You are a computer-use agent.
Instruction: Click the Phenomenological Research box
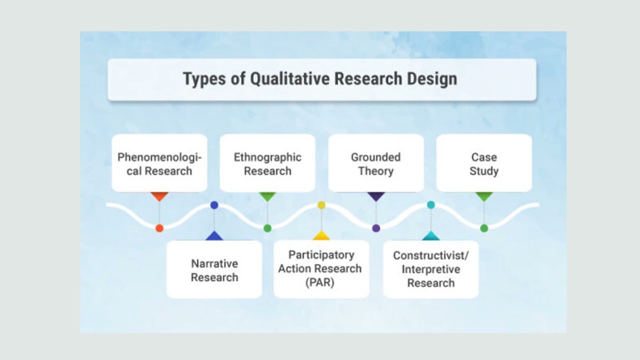point(159,163)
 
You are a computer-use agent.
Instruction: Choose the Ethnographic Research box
point(267,163)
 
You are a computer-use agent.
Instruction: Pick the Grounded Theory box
point(375,163)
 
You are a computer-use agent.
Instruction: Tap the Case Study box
point(484,163)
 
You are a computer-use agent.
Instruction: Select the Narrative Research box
point(214,270)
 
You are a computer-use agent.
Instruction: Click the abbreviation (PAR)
point(321,282)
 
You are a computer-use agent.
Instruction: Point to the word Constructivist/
point(430,255)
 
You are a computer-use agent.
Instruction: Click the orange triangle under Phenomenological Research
point(159,196)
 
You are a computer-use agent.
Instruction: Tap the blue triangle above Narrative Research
point(214,236)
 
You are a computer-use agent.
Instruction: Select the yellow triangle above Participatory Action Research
point(321,236)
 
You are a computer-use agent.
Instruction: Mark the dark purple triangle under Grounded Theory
point(376,196)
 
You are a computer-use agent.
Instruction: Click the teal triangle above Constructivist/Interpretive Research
point(430,236)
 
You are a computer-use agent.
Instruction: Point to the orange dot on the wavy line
point(159,228)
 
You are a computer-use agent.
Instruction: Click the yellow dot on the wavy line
point(321,205)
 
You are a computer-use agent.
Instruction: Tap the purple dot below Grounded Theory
point(376,228)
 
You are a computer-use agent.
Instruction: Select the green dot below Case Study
point(484,228)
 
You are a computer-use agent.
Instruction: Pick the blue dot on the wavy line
point(214,205)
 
